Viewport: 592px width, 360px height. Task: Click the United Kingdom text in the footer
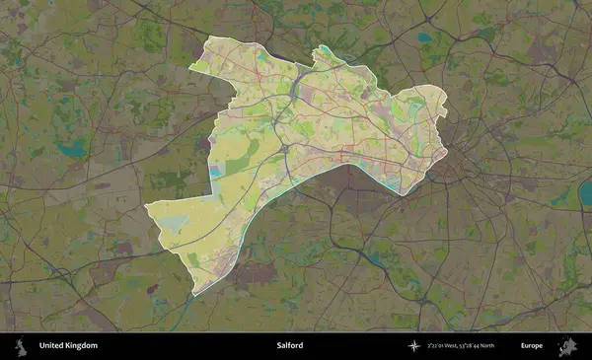68,346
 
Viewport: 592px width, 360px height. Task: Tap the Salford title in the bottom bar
290,346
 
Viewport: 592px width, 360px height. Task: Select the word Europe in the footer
532,346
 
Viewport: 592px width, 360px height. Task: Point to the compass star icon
415,346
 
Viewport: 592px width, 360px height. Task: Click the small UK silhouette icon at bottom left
19,346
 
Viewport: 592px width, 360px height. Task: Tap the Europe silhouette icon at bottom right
567,346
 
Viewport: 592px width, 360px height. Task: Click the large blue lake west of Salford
70,150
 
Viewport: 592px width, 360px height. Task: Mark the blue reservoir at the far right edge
561,198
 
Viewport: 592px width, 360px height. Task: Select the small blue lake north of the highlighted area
425,38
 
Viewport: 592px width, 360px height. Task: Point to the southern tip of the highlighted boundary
195,294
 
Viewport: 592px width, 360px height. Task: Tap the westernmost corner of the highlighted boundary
147,207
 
